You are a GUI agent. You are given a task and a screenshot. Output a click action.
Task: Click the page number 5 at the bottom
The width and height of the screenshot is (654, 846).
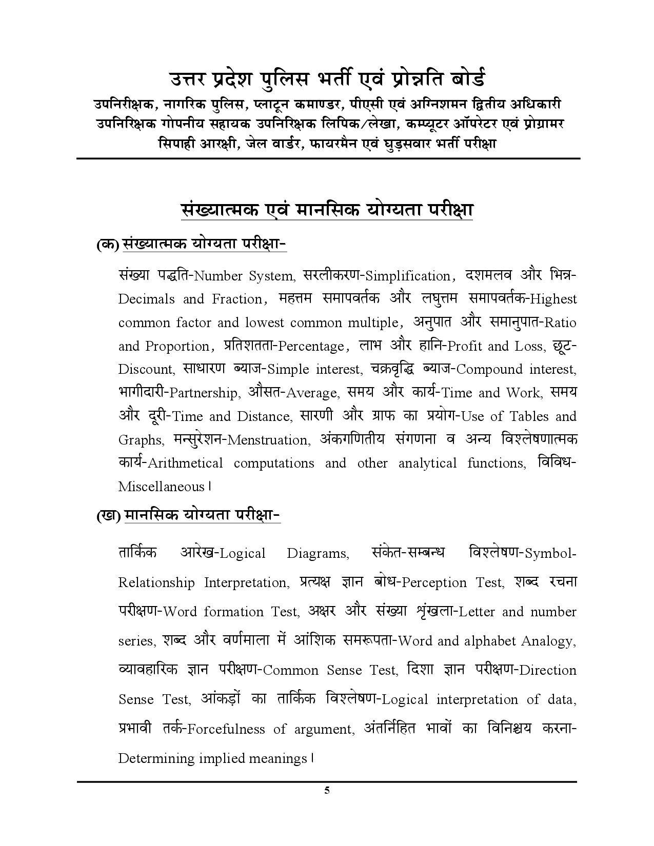click(327, 790)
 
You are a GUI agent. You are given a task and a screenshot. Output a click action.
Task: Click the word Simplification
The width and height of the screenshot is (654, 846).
click(407, 276)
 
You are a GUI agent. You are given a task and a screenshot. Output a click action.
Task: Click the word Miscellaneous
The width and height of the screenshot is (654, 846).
click(161, 487)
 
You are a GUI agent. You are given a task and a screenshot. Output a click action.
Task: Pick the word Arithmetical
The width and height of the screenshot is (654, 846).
click(185, 464)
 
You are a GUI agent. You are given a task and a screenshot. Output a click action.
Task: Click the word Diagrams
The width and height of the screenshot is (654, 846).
click(318, 554)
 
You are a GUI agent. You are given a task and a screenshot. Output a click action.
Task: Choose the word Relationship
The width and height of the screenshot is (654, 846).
click(156, 583)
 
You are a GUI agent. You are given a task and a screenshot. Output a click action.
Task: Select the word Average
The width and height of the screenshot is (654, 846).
click(311, 393)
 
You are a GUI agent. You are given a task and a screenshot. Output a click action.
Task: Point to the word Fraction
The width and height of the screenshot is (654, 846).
click(237, 299)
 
